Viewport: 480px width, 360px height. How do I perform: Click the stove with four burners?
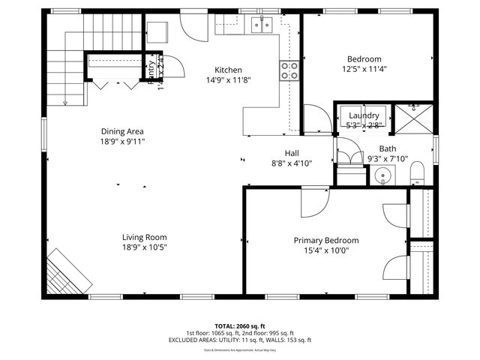[x=289, y=70]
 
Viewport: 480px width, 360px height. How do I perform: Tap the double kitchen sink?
[x=262, y=25]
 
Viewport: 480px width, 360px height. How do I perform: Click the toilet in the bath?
[x=418, y=175]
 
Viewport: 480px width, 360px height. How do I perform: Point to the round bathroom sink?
[x=384, y=177]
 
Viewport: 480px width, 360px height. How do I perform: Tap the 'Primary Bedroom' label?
[x=325, y=241]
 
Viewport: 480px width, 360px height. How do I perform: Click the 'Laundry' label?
[x=364, y=115]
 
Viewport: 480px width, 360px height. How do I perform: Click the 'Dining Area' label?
[x=122, y=130]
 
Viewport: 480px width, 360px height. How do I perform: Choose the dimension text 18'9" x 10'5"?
[x=144, y=247]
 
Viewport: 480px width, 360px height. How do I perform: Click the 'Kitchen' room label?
[x=228, y=70]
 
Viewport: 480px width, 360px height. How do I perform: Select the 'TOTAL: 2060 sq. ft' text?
[x=239, y=326]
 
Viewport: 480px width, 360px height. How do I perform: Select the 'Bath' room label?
[x=387, y=148]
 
